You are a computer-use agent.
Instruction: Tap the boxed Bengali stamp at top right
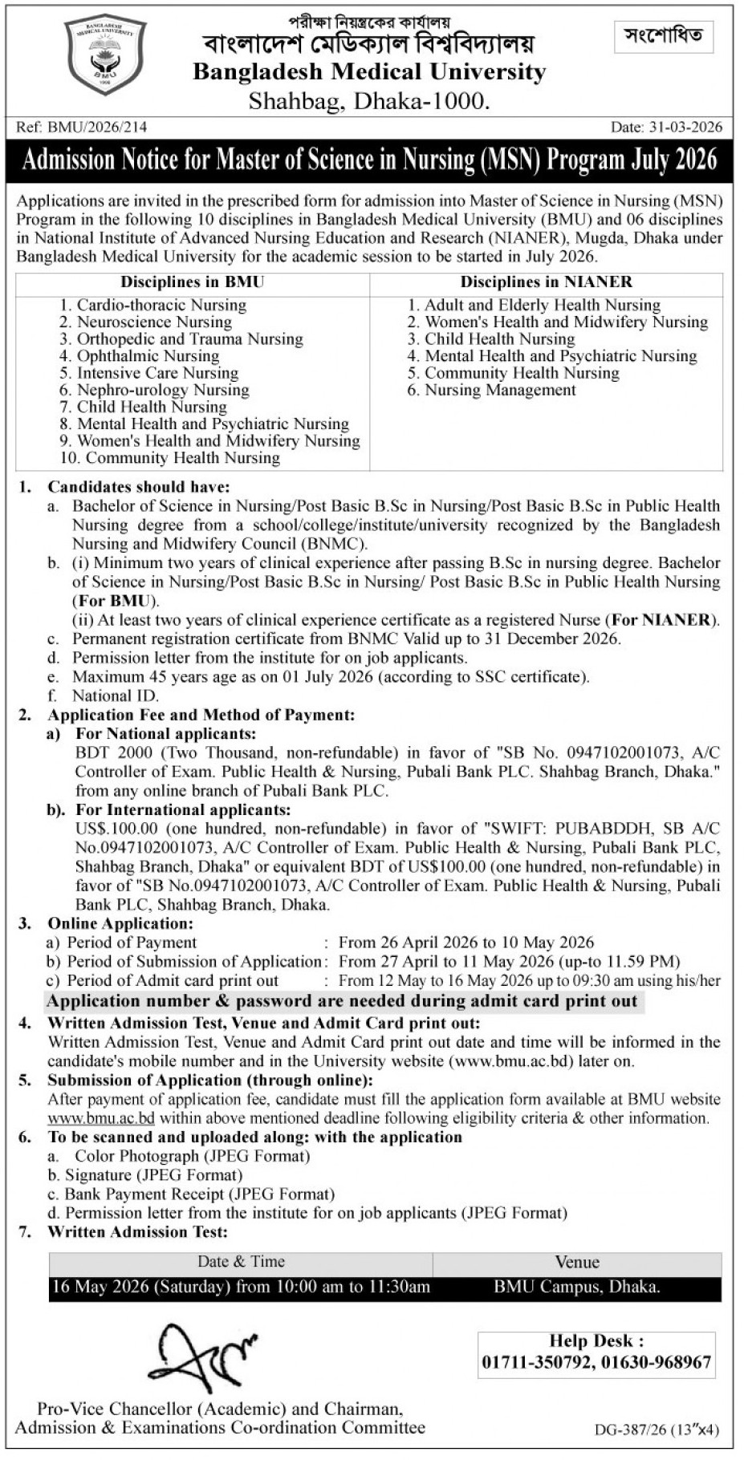[x=663, y=35]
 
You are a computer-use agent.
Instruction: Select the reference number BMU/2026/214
[x=97, y=127]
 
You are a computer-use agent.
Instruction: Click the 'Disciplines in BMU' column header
[x=192, y=282]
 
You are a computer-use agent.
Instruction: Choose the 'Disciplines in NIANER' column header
[x=546, y=282]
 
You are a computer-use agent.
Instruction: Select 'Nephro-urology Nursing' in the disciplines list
[x=163, y=390]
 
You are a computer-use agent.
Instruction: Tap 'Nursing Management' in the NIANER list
[x=500, y=390]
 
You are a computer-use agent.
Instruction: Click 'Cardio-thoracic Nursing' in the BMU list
[x=161, y=305]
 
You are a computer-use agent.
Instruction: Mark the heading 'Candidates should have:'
[x=139, y=487]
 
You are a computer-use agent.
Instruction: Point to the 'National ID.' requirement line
[x=116, y=696]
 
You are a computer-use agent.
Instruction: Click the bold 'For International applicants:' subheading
[x=183, y=810]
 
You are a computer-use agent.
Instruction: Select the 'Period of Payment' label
[x=132, y=943]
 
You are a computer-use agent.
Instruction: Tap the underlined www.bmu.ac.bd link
[x=101, y=1118]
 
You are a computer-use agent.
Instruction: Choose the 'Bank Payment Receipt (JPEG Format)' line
[x=200, y=1194]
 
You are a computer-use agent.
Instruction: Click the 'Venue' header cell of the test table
[x=577, y=1263]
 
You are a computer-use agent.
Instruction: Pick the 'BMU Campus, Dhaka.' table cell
[x=577, y=1288]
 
